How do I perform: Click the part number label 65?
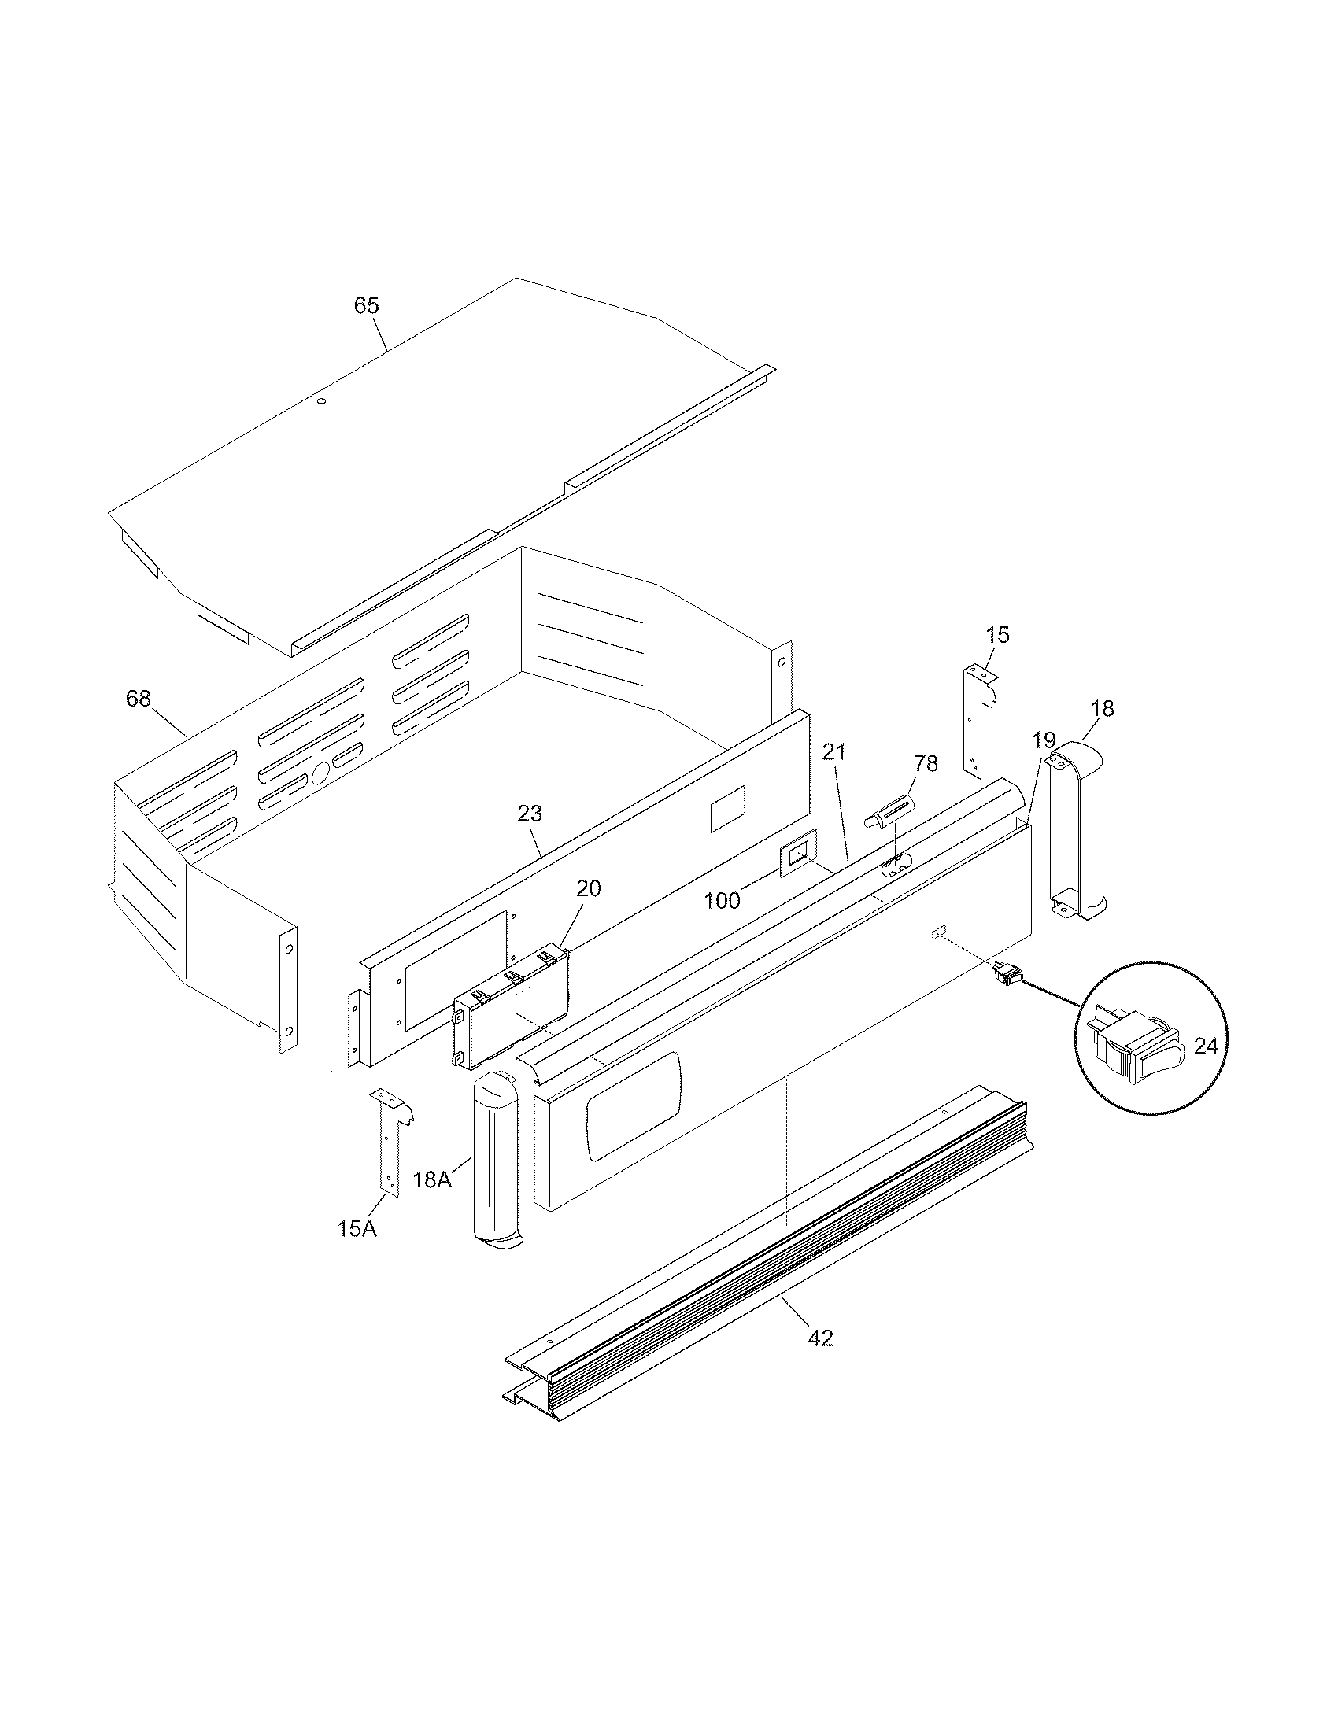(366, 305)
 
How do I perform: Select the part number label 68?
(138, 698)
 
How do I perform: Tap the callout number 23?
(530, 814)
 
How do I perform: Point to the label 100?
(722, 900)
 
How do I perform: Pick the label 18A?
(432, 1201)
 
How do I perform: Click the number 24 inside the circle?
(1205, 1046)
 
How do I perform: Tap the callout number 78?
(925, 763)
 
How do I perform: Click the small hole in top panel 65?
(321, 402)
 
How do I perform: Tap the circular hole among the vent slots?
(320, 773)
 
